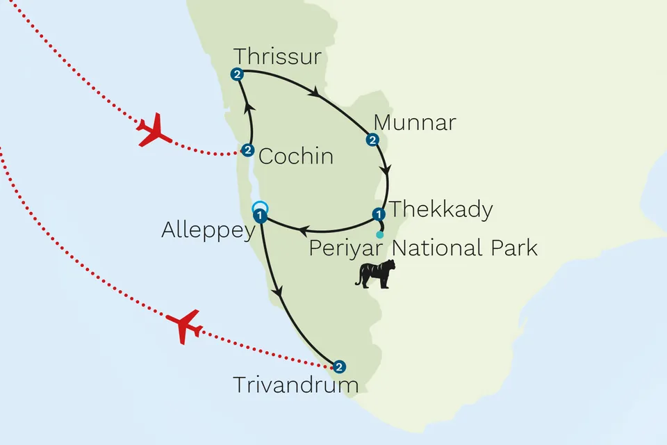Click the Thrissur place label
(277, 56)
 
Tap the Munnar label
(414, 123)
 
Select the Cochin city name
(295, 156)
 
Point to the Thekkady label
(440, 209)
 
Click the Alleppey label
(208, 231)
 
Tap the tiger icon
(375, 273)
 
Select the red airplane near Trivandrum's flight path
(184, 326)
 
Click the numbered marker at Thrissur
(238, 74)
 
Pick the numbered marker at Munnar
(372, 140)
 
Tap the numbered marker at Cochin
(247, 149)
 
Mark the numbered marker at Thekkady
(379, 213)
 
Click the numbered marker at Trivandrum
(338, 366)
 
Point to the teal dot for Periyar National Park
(379, 234)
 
